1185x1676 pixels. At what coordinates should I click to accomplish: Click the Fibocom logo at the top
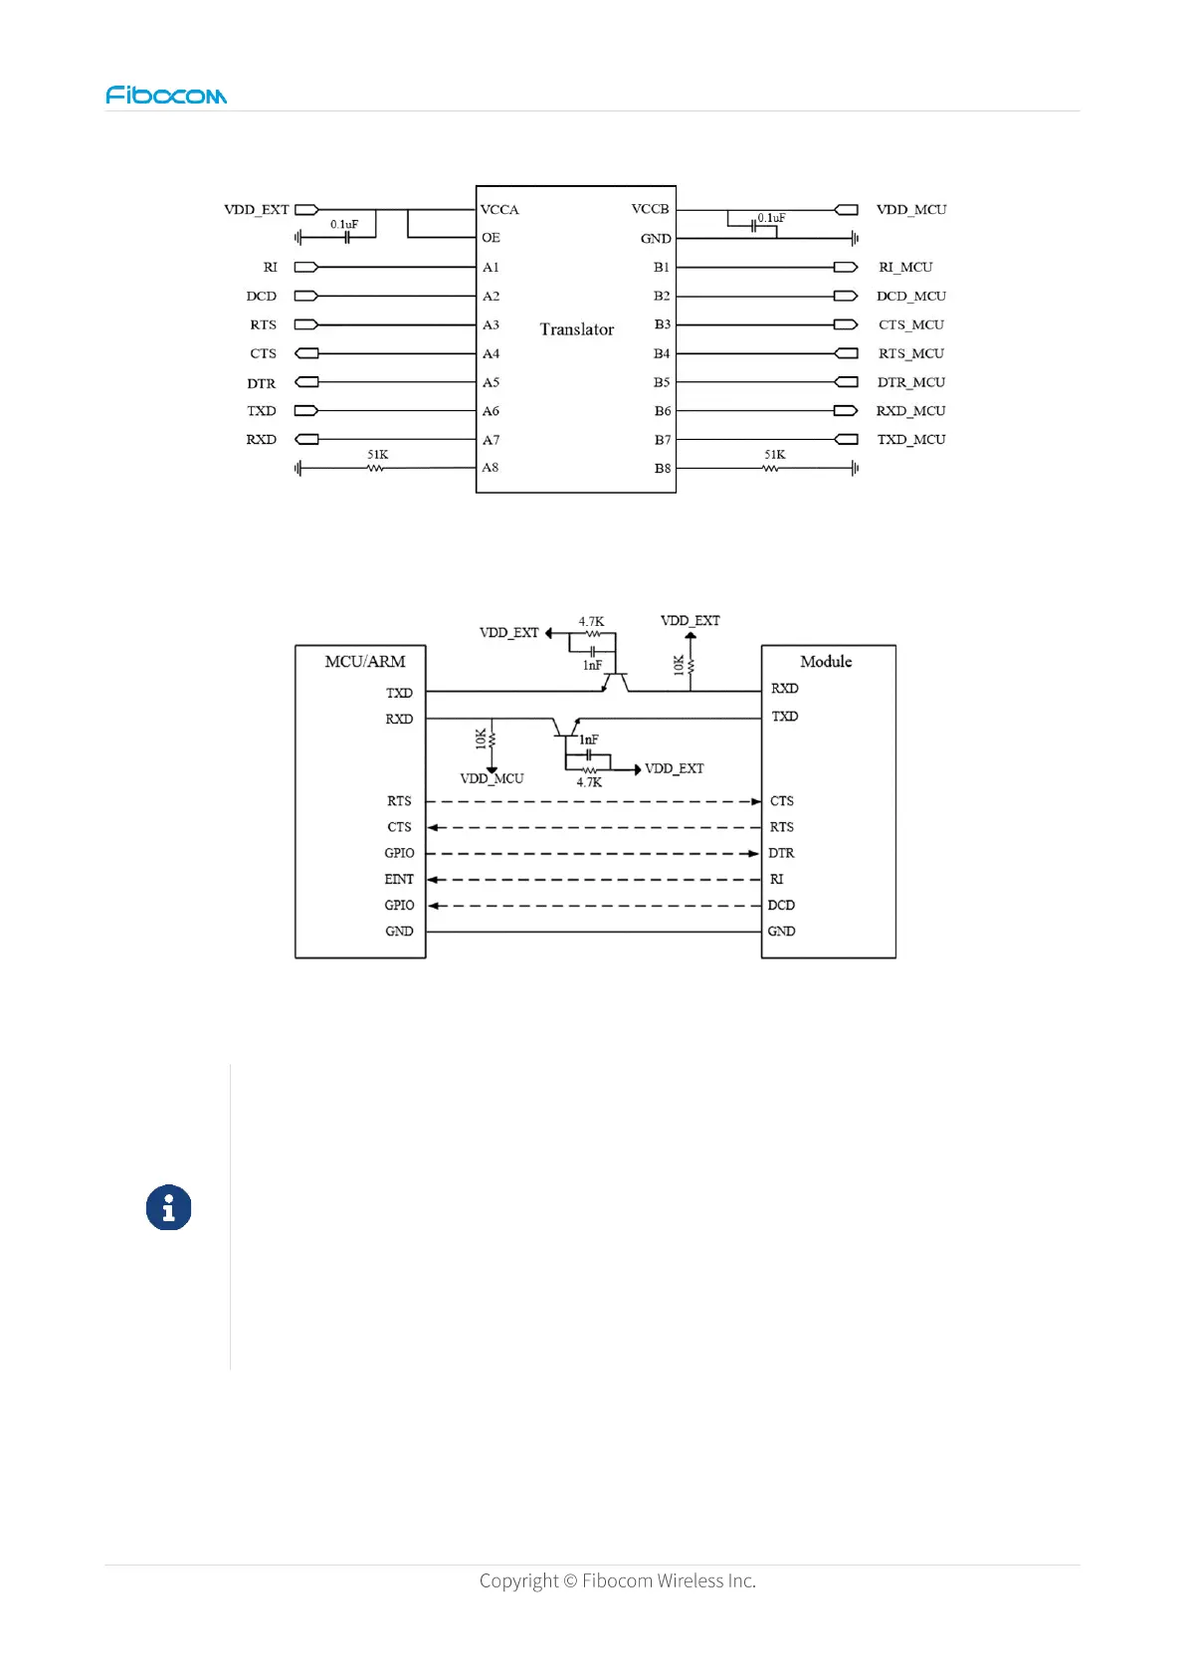[166, 96]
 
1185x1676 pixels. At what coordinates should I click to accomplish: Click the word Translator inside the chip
[577, 329]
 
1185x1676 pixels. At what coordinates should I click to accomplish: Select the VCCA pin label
[499, 210]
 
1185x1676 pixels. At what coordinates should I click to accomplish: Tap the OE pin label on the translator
[491, 238]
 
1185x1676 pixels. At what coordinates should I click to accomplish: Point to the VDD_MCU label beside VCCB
[910, 210]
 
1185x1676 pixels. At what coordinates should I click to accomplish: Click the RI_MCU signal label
[905, 268]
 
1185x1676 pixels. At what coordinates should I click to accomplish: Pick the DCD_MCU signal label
[910, 297]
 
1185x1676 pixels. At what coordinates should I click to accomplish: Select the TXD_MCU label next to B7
[910, 440]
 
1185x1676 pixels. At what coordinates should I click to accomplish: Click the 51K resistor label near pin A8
[378, 455]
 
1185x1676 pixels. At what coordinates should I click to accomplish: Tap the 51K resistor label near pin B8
[775, 455]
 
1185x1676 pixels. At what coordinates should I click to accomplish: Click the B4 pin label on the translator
[662, 354]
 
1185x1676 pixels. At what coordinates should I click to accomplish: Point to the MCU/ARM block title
[365, 662]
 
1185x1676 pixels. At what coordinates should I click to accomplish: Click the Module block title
[826, 662]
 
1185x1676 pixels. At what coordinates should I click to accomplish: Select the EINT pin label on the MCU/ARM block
[399, 880]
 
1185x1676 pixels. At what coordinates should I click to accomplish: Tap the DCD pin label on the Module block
[781, 906]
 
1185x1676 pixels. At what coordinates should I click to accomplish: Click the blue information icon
[169, 1208]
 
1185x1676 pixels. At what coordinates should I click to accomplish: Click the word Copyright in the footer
[518, 1580]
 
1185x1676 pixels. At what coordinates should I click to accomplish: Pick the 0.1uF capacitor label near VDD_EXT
[344, 225]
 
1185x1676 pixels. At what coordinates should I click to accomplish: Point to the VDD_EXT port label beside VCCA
[256, 210]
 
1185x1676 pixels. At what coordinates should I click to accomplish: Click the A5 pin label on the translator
[491, 383]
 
